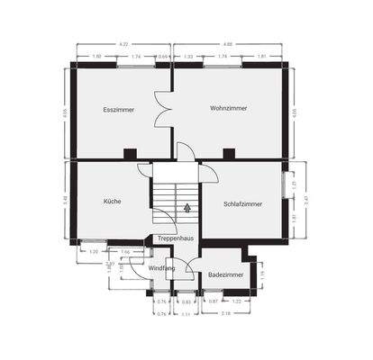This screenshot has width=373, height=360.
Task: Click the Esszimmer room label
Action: pyautogui.click(x=118, y=109)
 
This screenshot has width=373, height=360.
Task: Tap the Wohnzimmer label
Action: pyautogui.click(x=228, y=108)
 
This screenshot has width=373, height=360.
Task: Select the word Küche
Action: pyautogui.click(x=112, y=201)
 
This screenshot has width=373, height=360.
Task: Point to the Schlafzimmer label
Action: pyautogui.click(x=242, y=203)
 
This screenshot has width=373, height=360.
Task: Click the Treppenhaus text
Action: pyautogui.click(x=175, y=238)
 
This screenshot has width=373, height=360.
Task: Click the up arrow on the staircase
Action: pyautogui.click(x=186, y=207)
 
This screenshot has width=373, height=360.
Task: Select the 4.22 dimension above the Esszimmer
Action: pyautogui.click(x=123, y=43)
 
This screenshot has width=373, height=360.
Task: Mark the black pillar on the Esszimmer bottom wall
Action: pyautogui.click(x=129, y=151)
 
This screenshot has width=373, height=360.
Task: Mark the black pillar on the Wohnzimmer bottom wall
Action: pyautogui.click(x=233, y=151)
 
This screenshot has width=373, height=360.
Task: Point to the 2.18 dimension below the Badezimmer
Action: pyautogui.click(x=225, y=313)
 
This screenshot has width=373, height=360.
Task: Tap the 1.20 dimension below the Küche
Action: pyautogui.click(x=93, y=252)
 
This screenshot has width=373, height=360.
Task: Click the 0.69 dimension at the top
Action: pyautogui.click(x=162, y=57)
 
